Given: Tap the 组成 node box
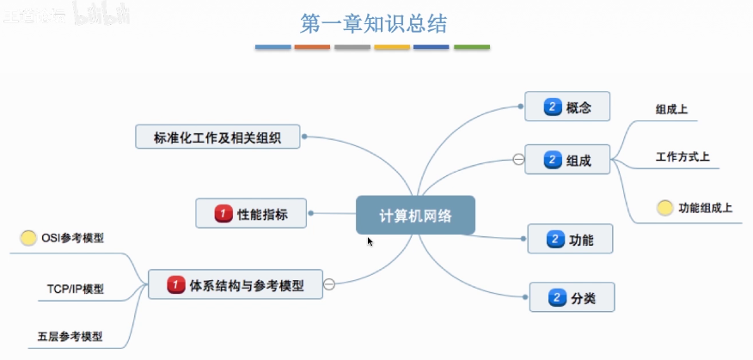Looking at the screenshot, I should [x=567, y=159].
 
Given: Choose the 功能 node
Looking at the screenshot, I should [x=570, y=240].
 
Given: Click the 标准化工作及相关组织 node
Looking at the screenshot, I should [x=218, y=136].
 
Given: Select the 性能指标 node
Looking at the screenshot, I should [x=251, y=213].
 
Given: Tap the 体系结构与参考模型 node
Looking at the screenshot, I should [x=235, y=284].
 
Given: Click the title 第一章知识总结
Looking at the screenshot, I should [x=373, y=23].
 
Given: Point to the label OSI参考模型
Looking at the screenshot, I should [x=72, y=238].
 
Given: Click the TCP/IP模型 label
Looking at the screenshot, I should [x=76, y=289].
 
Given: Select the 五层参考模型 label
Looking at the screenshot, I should [x=70, y=337].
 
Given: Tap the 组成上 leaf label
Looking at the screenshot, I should [x=671, y=109].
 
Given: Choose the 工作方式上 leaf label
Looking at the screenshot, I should [x=682, y=158].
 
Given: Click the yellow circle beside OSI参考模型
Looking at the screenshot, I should [x=28, y=238].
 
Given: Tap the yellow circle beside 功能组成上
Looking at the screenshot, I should [x=664, y=208].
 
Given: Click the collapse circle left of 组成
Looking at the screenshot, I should [x=518, y=159].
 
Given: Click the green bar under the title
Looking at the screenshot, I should [x=471, y=46].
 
